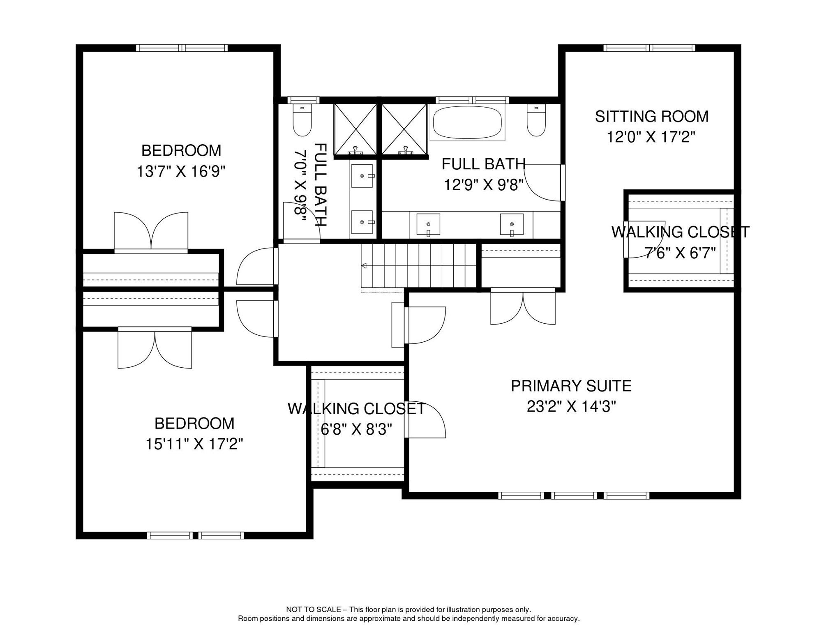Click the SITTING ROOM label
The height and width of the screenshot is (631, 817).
(x=652, y=117)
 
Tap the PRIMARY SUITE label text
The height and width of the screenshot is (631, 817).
(x=571, y=386)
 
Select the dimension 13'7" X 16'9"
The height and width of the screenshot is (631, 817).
(x=181, y=171)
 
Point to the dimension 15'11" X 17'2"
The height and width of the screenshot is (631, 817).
(x=194, y=444)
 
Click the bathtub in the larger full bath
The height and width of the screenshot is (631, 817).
(x=467, y=122)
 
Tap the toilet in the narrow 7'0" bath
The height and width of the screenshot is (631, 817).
(x=302, y=120)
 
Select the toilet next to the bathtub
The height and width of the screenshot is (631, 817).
(x=536, y=120)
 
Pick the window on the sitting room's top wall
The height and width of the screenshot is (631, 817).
(x=649, y=48)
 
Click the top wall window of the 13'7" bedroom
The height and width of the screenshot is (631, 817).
(x=182, y=48)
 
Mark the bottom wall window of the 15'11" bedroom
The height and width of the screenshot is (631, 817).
(x=196, y=536)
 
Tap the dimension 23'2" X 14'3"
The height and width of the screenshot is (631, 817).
(x=571, y=407)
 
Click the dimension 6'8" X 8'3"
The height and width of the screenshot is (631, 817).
(x=356, y=430)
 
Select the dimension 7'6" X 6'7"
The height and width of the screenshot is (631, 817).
(x=680, y=253)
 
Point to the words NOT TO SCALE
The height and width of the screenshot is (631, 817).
(x=314, y=610)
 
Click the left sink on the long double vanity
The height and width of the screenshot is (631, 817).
(x=428, y=224)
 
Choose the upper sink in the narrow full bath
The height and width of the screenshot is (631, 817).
(x=362, y=176)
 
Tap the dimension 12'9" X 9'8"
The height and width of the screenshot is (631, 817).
(x=483, y=185)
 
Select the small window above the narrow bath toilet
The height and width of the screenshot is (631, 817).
(x=303, y=100)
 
